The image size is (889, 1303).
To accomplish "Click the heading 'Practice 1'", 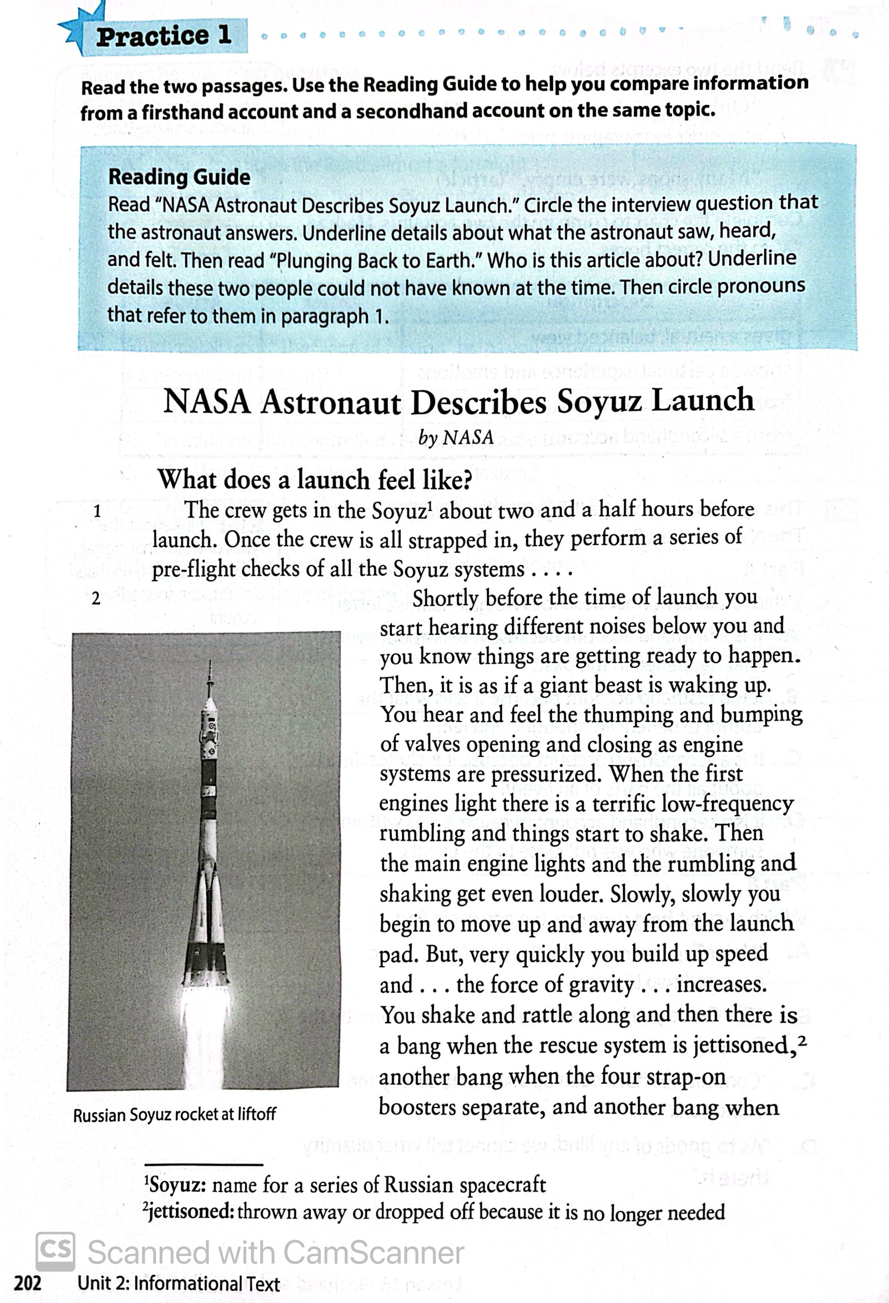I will tap(163, 36).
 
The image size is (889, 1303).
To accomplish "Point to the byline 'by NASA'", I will tap(455, 437).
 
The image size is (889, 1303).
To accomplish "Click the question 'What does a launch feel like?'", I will tap(314, 479).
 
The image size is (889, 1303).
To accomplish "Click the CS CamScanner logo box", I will tap(55, 1252).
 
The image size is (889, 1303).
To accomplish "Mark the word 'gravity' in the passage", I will tap(601, 984).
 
